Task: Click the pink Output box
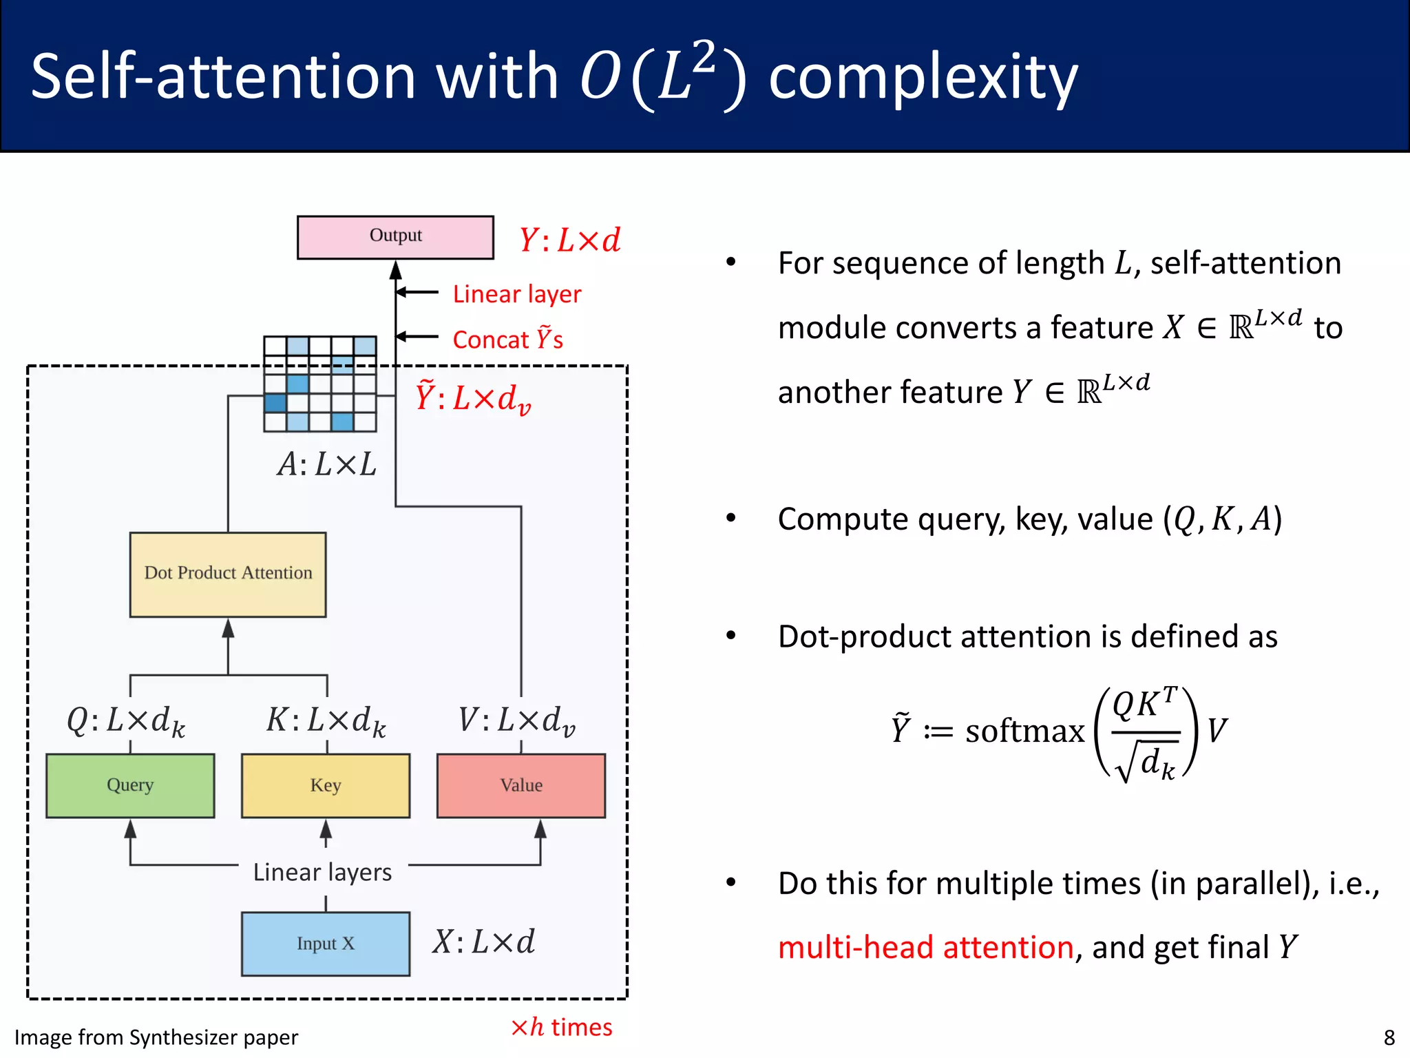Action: [x=395, y=237]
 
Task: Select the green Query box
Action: [x=130, y=785]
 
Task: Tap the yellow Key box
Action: [x=326, y=785]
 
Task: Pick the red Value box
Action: [x=521, y=785]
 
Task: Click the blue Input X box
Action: [x=326, y=944]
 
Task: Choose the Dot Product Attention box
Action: [x=228, y=574]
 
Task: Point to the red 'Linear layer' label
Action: [x=516, y=294]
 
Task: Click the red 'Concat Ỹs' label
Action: [x=507, y=340]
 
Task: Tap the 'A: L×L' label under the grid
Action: [x=326, y=464]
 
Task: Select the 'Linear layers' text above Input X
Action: [x=322, y=872]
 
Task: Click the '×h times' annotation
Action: [x=561, y=1027]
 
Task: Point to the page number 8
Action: [x=1389, y=1037]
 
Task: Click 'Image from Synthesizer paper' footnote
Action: [x=156, y=1037]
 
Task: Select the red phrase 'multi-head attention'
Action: [x=925, y=947]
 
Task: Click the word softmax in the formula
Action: [x=1024, y=731]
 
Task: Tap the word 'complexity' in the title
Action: [x=923, y=77]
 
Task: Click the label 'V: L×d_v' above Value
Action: [x=516, y=720]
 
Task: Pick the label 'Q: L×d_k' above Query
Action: [x=126, y=720]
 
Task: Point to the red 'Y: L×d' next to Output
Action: [x=569, y=240]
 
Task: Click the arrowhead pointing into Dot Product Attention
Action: [x=228, y=628]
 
